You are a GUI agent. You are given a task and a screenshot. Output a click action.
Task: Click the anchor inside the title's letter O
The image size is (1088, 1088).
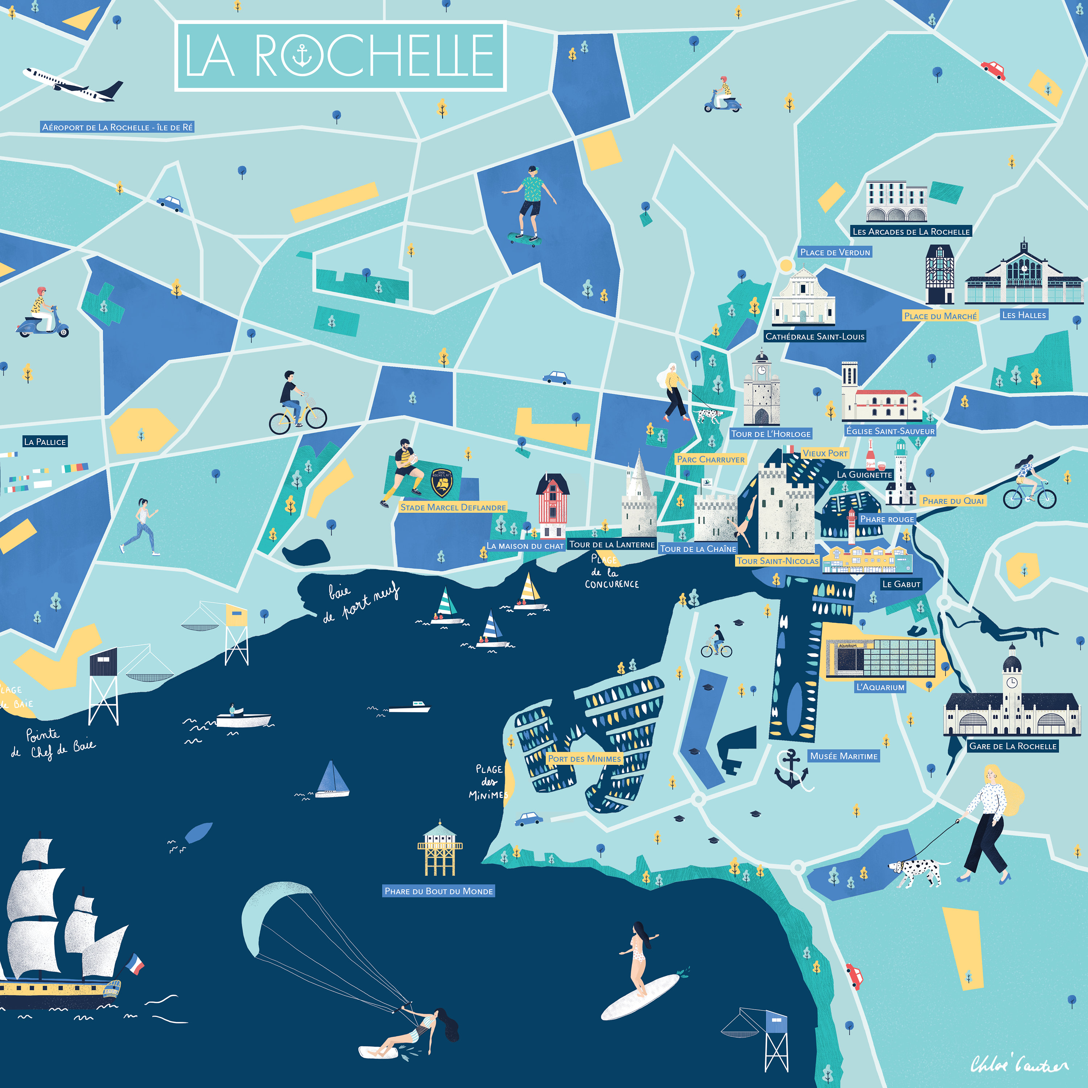coord(302,56)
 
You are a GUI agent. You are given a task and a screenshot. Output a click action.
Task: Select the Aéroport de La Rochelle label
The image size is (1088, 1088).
coord(117,127)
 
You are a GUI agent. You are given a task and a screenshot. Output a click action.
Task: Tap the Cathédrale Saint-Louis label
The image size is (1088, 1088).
coord(814,336)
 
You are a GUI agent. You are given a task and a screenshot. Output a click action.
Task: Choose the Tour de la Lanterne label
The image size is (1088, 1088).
coord(611,545)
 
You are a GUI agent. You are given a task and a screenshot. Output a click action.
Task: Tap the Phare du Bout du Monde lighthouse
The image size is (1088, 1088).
coord(440,849)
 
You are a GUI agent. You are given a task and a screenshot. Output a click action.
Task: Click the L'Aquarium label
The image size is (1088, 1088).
coord(880,687)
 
